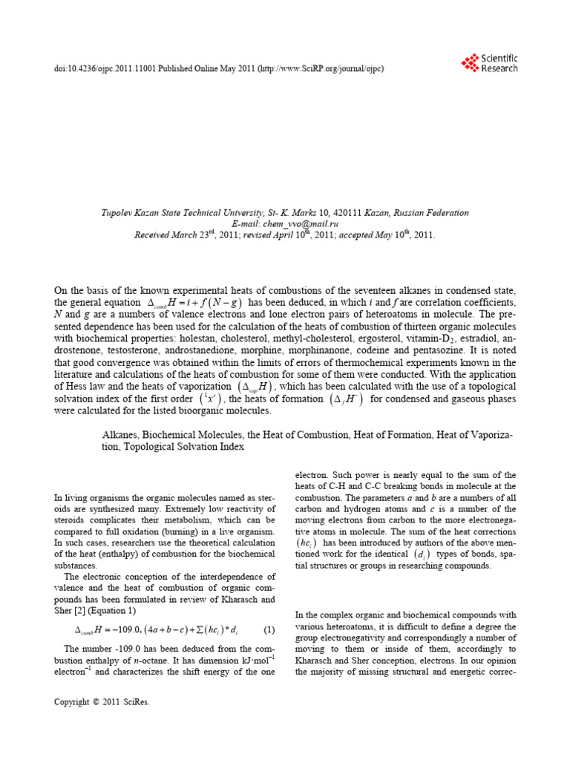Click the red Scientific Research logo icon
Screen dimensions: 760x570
coord(469,63)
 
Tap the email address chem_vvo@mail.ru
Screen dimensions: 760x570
coord(306,223)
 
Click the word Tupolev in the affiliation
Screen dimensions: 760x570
coord(119,212)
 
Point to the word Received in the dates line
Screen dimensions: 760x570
coord(153,235)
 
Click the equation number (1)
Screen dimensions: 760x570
coord(269,630)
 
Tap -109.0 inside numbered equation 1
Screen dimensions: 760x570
coord(124,630)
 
